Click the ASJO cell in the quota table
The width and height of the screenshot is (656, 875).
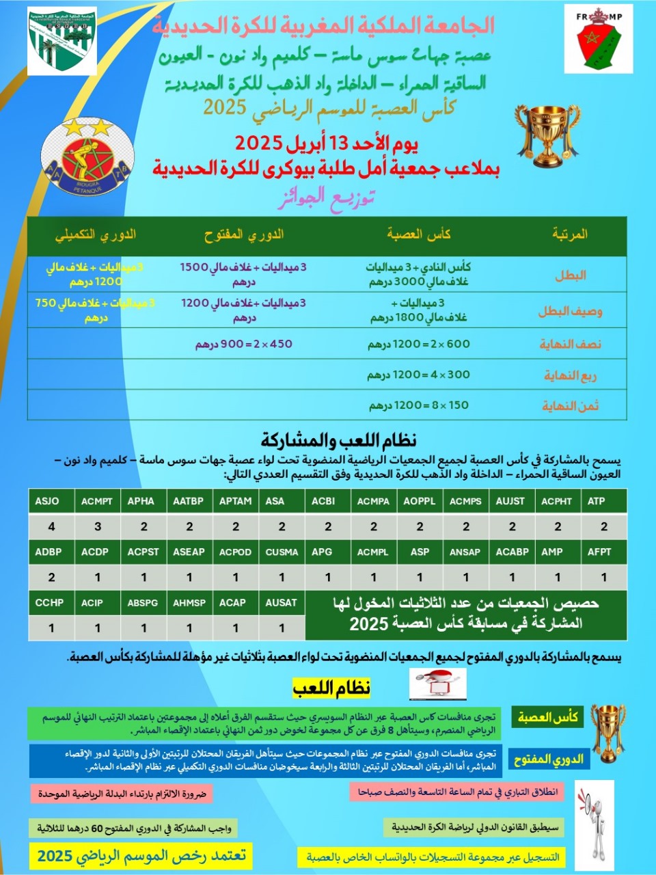(x=48, y=501)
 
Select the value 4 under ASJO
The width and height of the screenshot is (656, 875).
(x=51, y=526)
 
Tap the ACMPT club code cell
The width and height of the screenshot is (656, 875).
(x=97, y=501)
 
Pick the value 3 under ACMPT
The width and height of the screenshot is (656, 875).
(x=98, y=526)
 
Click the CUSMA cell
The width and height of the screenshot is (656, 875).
(x=282, y=552)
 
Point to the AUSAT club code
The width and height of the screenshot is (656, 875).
(x=282, y=602)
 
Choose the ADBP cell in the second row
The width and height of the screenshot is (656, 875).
(x=49, y=552)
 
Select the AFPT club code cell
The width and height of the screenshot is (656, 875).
(x=599, y=552)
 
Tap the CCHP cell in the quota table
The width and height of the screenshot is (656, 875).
(x=49, y=602)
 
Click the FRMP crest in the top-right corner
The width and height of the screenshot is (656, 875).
(x=598, y=39)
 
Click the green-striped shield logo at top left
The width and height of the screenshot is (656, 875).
(x=62, y=41)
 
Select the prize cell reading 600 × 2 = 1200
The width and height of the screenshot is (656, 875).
(x=418, y=344)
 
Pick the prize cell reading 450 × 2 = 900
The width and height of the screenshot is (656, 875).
(x=244, y=344)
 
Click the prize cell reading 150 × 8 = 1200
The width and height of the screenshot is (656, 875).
(x=418, y=405)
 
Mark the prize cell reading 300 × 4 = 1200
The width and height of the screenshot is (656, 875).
(x=418, y=375)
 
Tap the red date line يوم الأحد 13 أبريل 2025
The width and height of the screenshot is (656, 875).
(x=327, y=144)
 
